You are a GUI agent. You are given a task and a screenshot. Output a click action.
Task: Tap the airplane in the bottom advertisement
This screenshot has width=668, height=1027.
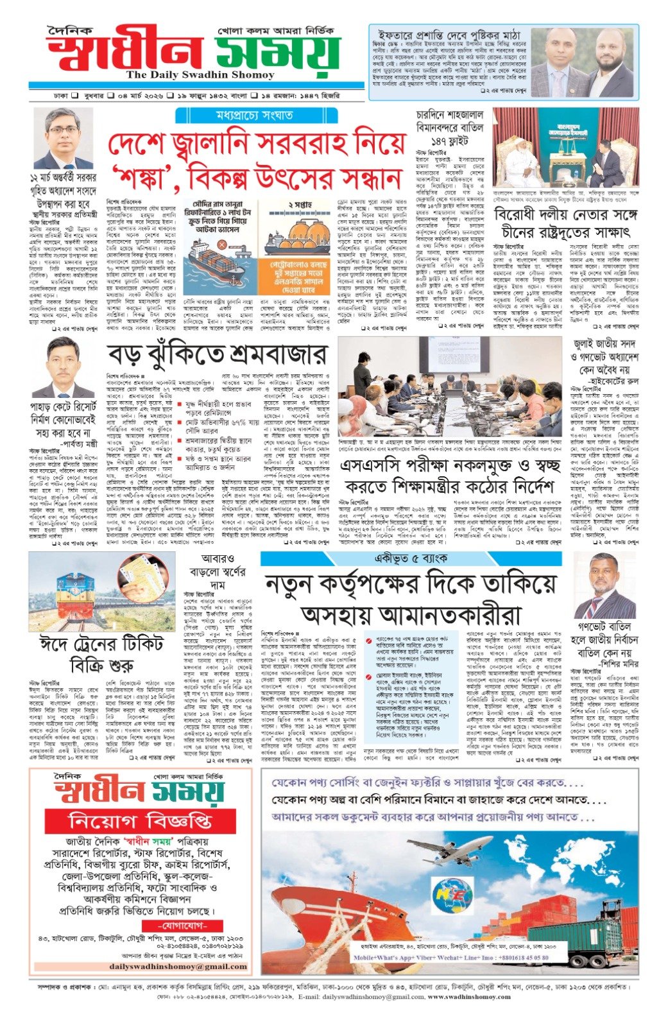coord(449,849)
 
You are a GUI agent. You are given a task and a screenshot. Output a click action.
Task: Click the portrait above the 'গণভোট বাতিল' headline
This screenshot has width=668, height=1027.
coord(604,585)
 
